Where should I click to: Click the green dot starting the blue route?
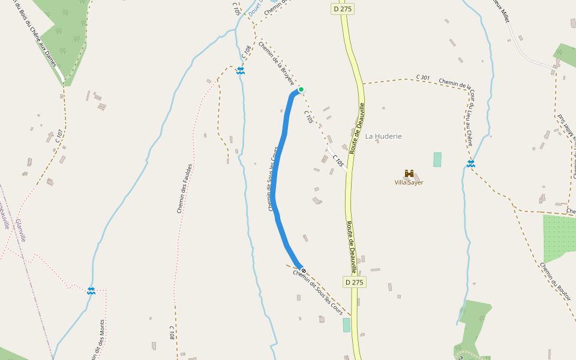301,89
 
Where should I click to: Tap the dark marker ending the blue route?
304,271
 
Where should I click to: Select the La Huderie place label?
383,136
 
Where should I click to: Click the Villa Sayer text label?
409,182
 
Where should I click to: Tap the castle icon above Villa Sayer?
409,173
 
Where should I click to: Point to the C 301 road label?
423,77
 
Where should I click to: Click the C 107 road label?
59,136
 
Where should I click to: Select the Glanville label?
22,230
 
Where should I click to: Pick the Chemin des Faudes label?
184,188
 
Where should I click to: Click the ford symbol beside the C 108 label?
241,71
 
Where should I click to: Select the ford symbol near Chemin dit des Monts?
91,291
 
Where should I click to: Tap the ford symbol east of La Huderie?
471,163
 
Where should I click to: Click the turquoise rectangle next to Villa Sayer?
437,160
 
